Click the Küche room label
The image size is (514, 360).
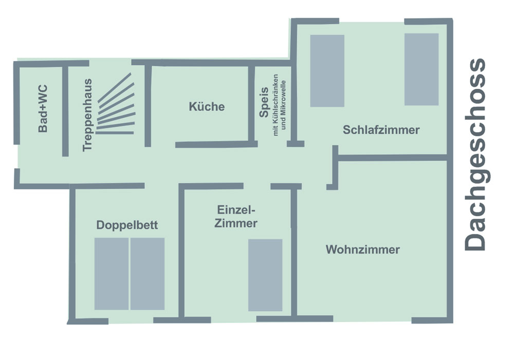coord(207,107)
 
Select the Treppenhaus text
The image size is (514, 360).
coord(87,114)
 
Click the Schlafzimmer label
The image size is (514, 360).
coord(381,130)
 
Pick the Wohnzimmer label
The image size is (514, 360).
coord(362,250)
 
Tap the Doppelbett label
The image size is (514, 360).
coord(127,225)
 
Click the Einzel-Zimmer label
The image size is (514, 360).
coord(236,217)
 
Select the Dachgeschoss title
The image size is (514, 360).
coord(474,154)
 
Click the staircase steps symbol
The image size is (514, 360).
coord(116,105)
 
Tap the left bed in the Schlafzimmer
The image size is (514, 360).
coord(327,70)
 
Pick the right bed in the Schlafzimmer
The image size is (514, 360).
coord(421,69)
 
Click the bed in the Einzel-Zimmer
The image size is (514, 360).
coord(265,275)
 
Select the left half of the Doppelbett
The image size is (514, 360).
coord(111,274)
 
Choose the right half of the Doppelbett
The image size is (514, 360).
coord(147,274)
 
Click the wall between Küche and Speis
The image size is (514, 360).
coord(251,103)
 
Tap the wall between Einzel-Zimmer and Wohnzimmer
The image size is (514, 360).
coord(295,252)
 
